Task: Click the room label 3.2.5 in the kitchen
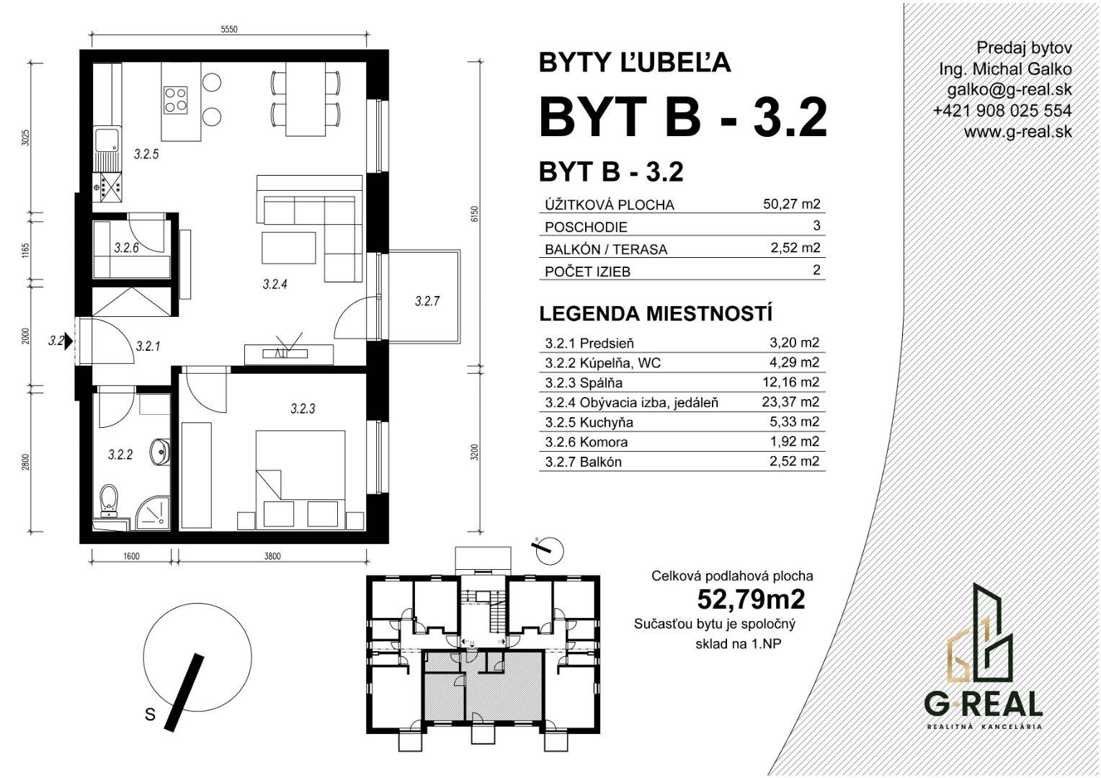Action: [x=146, y=154]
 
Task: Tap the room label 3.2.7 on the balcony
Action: [x=427, y=301]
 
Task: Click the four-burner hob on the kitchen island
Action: [x=176, y=99]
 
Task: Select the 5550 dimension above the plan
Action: [x=229, y=30]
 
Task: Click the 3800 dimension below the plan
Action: [x=272, y=556]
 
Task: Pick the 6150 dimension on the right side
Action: [x=474, y=214]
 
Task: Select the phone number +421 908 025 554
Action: [x=1002, y=111]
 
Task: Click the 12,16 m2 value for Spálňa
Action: [x=790, y=382]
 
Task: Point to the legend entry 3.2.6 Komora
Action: [x=587, y=442]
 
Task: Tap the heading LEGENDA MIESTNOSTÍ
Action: [x=656, y=314]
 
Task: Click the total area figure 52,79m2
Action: [x=751, y=599]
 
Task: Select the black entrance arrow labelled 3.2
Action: [x=69, y=340]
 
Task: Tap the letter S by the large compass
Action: [x=151, y=713]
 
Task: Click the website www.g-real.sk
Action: [x=1017, y=132]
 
